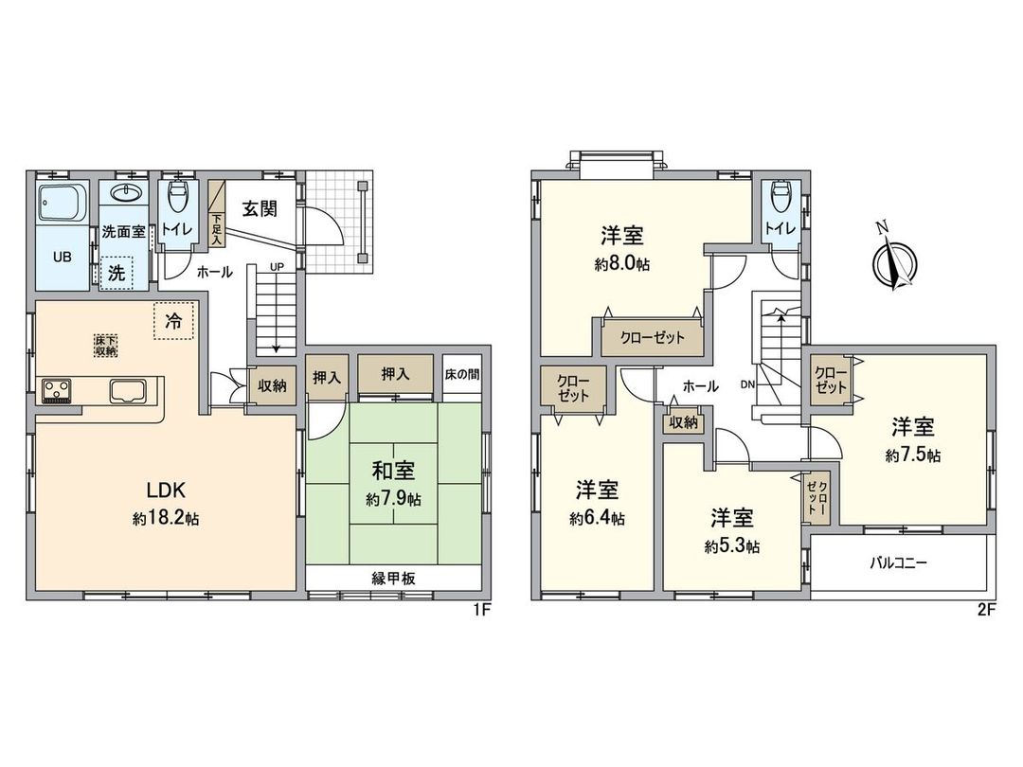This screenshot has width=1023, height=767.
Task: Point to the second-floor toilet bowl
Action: point(781,200)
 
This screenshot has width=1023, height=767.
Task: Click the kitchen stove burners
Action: point(56,389)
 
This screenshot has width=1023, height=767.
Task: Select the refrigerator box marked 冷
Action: point(173,320)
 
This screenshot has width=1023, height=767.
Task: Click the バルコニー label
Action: point(899,562)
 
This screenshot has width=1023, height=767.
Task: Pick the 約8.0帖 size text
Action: point(622,265)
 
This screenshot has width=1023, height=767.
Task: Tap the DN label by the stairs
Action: point(747,384)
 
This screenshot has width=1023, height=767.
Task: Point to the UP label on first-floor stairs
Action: point(277,268)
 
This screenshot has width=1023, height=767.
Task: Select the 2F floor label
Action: point(985,610)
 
